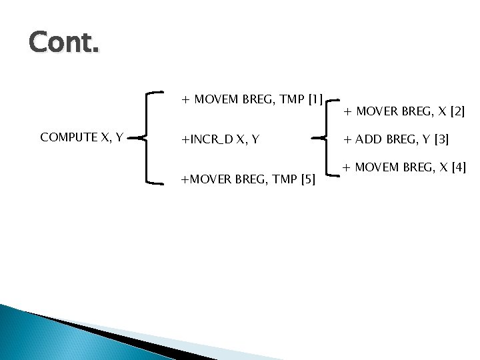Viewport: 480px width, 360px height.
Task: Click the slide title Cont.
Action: pos(64,44)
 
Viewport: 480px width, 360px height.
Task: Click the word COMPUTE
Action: pos(67,137)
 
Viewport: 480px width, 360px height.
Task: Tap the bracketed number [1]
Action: pos(315,100)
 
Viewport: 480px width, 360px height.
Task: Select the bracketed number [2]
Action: pos(457,112)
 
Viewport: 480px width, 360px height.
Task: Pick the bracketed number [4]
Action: pos(458,166)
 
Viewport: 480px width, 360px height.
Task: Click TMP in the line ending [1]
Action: pos(291,100)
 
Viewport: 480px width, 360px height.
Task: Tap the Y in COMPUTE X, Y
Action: pos(118,137)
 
